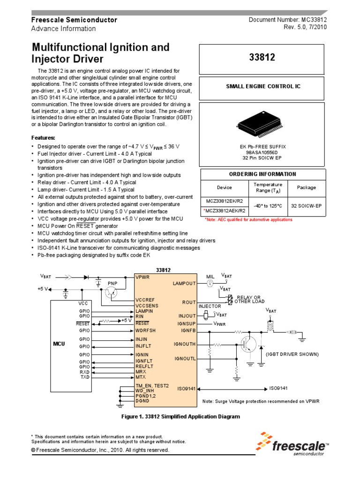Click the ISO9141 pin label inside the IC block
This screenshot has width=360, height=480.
pos(186,389)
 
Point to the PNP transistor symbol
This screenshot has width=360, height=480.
pos(112,292)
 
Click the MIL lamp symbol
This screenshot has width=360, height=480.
pos(210,284)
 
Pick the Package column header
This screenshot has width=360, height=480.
pos(307,187)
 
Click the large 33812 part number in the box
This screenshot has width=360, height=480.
pos(262,58)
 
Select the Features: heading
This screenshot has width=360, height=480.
pos(43,138)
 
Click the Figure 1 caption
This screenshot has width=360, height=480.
pos(180,416)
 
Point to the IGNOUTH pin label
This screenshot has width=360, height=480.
pos(185,344)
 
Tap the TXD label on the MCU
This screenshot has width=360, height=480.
pos(84,377)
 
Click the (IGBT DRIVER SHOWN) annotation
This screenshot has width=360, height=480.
pos(292,354)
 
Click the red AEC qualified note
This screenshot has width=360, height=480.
pos(248,219)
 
